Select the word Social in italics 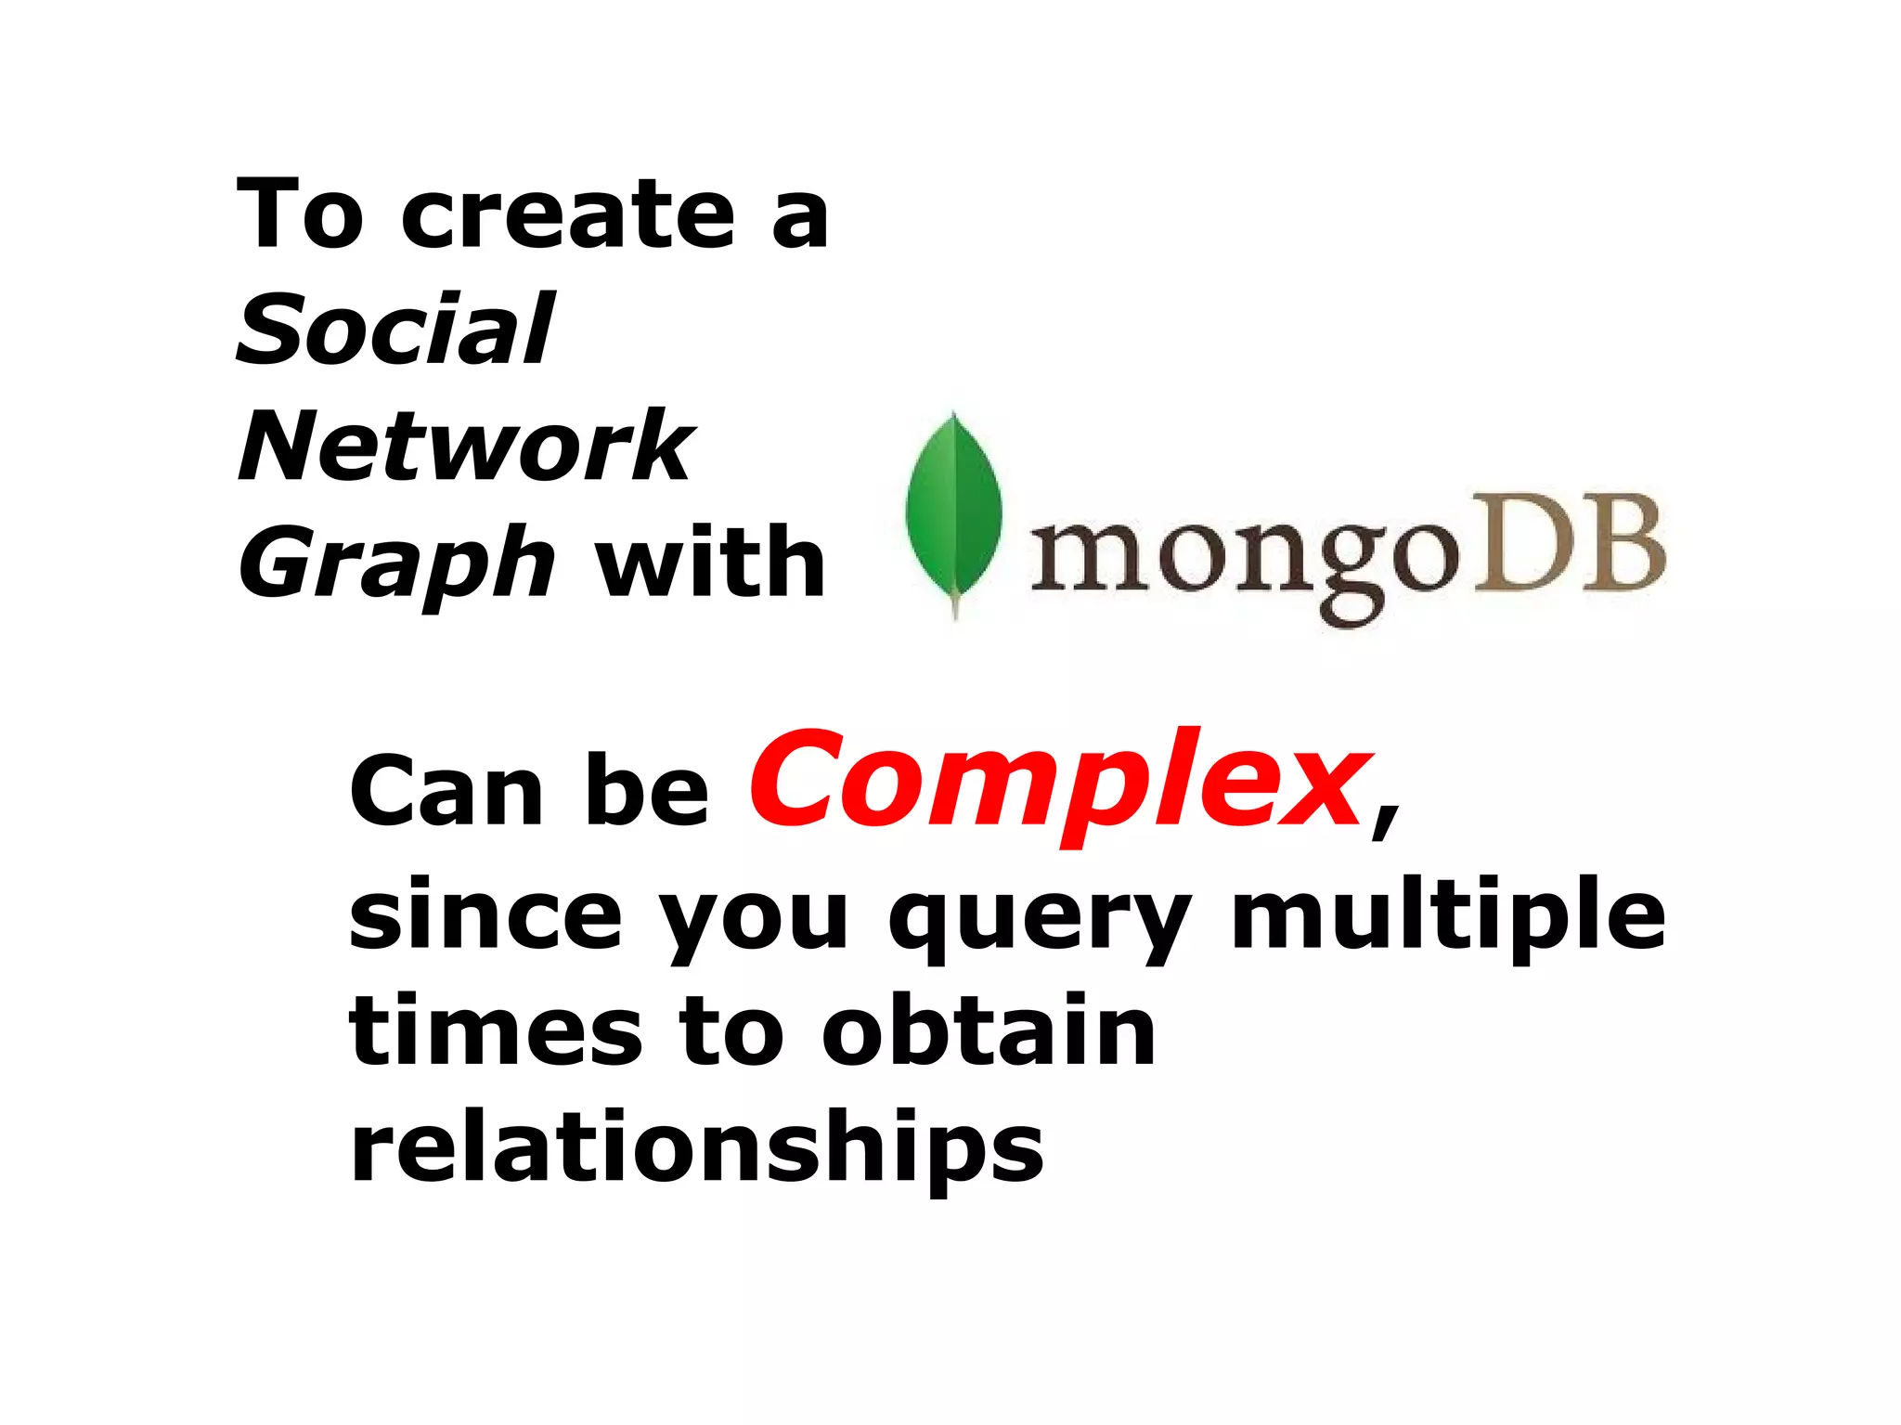pos(395,330)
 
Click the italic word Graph pos(396,564)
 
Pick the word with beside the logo pos(710,563)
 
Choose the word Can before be pos(446,791)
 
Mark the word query pos(1039,919)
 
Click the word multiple pos(1448,915)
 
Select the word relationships pos(697,1147)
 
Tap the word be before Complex pos(648,791)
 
